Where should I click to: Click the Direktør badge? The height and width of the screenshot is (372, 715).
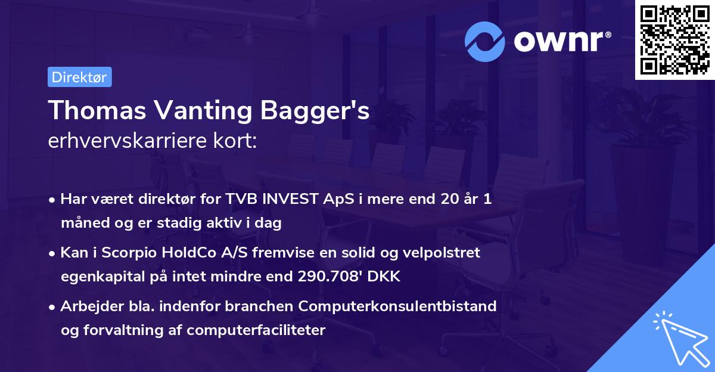coord(79,77)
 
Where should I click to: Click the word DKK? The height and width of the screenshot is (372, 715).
coord(387,277)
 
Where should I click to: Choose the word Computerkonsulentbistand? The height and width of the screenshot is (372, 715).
coord(397,306)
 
